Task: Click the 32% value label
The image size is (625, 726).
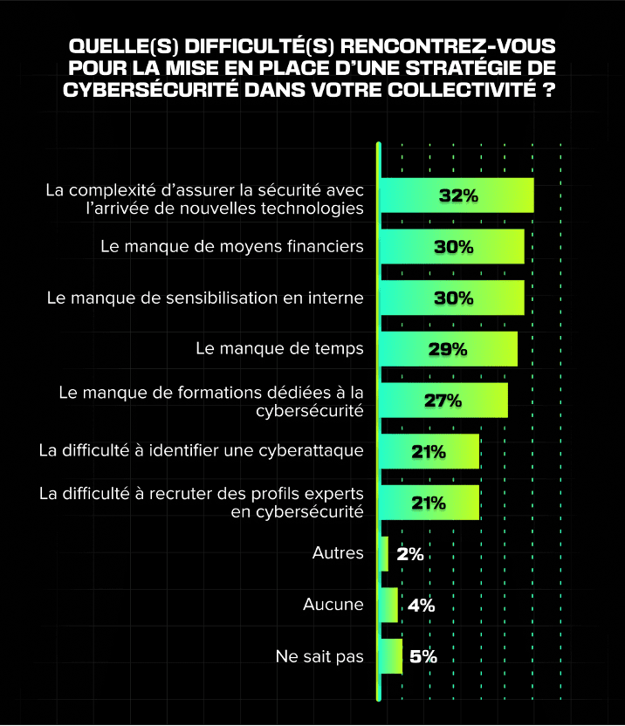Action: pyautogui.click(x=458, y=195)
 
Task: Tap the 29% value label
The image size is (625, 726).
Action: pyautogui.click(x=448, y=349)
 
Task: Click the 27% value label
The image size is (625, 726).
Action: pyautogui.click(x=443, y=401)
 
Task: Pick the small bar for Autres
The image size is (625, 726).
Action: pyautogui.click(x=384, y=554)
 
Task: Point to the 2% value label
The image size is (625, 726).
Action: pyautogui.click(x=409, y=554)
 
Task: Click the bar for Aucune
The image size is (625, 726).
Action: pyautogui.click(x=388, y=605)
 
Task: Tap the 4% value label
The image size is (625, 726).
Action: pyautogui.click(x=420, y=605)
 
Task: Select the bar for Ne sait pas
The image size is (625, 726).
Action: pyautogui.click(x=391, y=656)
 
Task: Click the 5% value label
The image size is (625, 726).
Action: pyautogui.click(x=422, y=656)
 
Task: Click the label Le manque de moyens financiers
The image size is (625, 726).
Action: pyautogui.click(x=232, y=247)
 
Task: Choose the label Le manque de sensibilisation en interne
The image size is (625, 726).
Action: pyautogui.click(x=205, y=298)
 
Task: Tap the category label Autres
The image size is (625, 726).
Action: pyautogui.click(x=338, y=553)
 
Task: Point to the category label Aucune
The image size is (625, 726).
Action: pyautogui.click(x=333, y=605)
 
